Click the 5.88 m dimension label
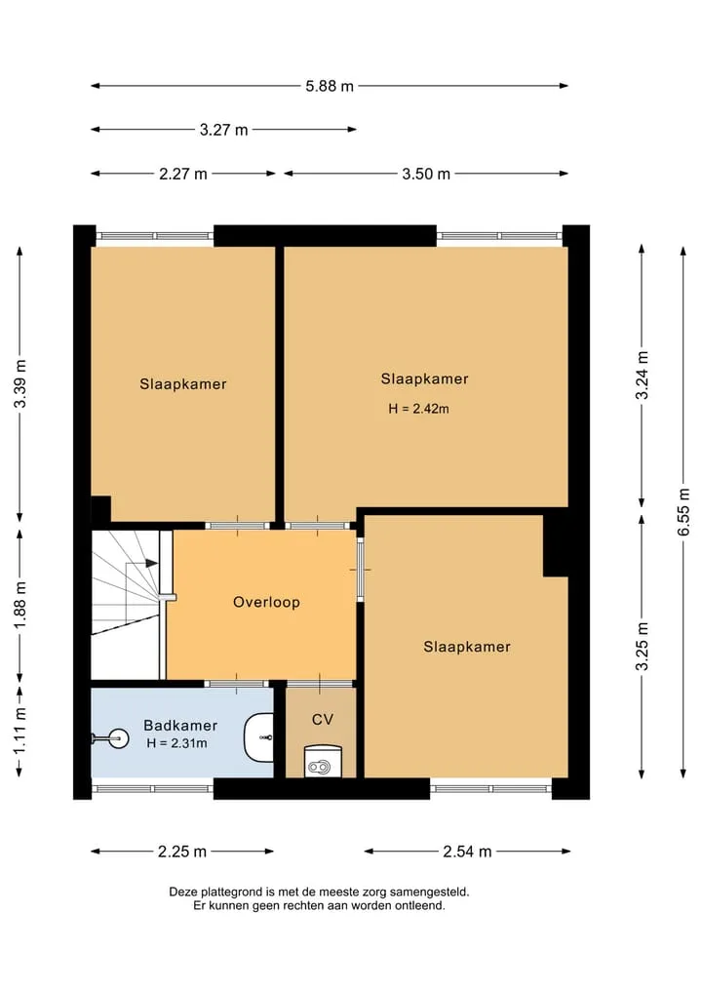330,86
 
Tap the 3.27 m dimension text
224,130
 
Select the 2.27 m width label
182,174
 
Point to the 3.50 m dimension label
426,174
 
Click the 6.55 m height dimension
683,512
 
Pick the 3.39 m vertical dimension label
20,384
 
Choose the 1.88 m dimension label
20,606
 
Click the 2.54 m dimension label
467,852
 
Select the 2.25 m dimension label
182,852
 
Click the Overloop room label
266,602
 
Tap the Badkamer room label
180,725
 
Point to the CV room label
323,719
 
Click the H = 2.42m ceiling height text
418,409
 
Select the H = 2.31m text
177,743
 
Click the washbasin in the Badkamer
258,737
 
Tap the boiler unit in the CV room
323,761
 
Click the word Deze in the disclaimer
183,893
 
